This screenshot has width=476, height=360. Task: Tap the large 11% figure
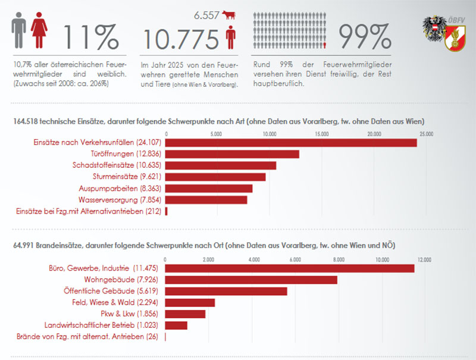tap(91, 35)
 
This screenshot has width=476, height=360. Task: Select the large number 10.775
tap(181, 39)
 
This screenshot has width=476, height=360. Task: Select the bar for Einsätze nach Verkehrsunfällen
tap(291, 143)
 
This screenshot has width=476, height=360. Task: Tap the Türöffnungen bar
tap(232, 154)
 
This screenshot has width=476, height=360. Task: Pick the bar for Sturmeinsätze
tap(215, 177)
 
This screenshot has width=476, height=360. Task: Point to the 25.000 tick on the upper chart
tap(426, 134)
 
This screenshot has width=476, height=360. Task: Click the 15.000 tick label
tap(322, 134)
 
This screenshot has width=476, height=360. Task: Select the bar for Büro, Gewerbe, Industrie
tap(289, 268)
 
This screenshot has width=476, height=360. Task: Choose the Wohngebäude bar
tap(250, 280)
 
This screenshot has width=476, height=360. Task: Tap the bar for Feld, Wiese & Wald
tap(189, 303)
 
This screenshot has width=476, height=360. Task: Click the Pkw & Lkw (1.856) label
tap(123, 314)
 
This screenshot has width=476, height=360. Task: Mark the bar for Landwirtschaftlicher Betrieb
tap(176, 325)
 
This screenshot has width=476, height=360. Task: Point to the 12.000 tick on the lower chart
tap(425, 259)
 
